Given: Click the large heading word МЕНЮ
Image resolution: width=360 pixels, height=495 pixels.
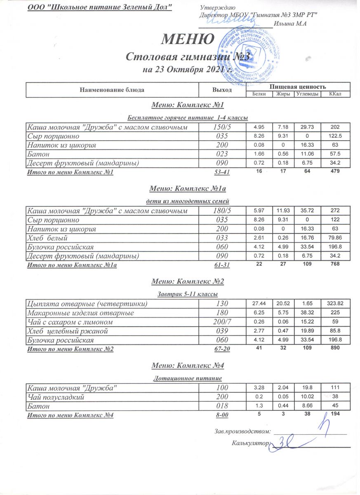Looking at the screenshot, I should point(187,39).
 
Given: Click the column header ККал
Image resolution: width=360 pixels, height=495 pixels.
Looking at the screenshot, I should point(334,94).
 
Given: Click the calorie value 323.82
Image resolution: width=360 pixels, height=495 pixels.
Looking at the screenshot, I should point(334,304).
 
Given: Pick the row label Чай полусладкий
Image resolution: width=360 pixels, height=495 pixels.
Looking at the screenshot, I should point(55,397).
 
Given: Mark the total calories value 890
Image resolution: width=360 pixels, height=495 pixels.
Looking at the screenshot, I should point(334,349).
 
